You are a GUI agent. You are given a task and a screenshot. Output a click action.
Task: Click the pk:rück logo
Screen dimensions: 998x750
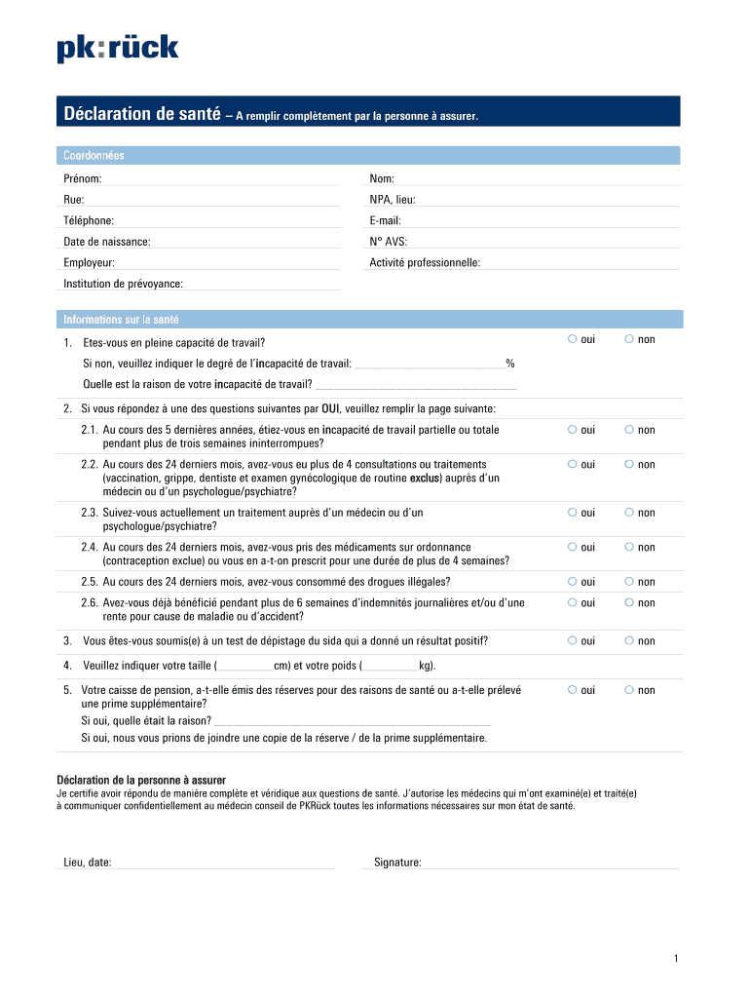click(x=118, y=48)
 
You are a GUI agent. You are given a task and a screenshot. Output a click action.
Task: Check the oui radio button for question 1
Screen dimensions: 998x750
click(x=572, y=339)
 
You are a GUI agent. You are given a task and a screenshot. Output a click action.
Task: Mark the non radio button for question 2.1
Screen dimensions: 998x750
click(x=629, y=429)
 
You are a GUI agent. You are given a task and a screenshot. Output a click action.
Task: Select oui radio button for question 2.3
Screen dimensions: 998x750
click(x=572, y=512)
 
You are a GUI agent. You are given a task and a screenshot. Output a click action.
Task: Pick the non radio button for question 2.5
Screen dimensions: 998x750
click(x=629, y=581)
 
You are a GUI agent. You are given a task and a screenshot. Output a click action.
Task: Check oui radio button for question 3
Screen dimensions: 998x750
click(x=572, y=640)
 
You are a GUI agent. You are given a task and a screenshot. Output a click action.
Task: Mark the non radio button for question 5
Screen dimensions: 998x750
click(x=629, y=689)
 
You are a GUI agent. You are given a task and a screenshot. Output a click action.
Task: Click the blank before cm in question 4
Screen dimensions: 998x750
click(x=245, y=667)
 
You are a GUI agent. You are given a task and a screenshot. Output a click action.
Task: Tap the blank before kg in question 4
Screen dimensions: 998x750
click(x=391, y=667)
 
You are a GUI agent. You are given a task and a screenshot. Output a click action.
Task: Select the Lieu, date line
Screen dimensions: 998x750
click(x=224, y=863)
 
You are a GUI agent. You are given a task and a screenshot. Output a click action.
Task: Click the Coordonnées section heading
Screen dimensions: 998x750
click(x=94, y=156)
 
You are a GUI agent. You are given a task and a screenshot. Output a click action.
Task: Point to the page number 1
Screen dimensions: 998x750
click(x=675, y=960)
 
